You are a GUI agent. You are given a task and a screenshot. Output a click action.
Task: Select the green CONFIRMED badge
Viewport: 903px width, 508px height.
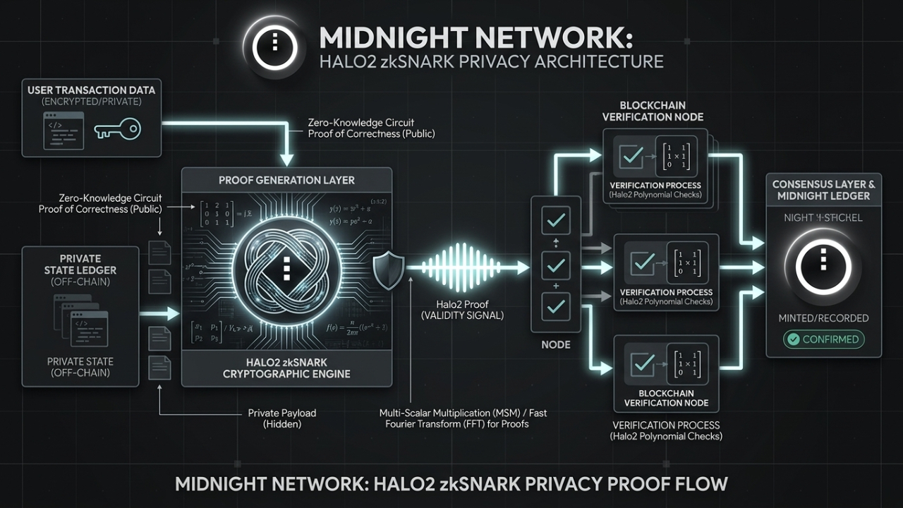[x=823, y=339]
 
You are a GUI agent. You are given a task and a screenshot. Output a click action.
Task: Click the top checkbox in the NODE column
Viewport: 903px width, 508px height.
[x=555, y=221]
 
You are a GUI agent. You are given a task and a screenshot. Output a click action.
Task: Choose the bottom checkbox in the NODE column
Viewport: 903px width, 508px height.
[x=555, y=307]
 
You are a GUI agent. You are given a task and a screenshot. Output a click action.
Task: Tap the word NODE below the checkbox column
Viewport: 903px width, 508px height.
[x=555, y=345]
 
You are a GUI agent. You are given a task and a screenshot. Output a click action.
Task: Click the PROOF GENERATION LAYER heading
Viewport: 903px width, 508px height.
[x=286, y=180]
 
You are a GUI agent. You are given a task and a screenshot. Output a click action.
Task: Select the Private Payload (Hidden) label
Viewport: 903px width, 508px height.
[x=281, y=418]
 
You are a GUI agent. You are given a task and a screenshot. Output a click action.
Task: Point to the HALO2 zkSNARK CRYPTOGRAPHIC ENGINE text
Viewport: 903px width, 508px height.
[x=286, y=368]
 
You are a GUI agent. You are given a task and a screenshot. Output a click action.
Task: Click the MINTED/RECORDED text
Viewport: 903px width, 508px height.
[x=823, y=318]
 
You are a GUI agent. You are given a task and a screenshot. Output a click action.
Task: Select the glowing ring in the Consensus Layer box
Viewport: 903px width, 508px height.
[x=823, y=265]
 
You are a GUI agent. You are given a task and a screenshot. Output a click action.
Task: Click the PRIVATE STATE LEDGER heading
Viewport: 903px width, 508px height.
[x=80, y=264]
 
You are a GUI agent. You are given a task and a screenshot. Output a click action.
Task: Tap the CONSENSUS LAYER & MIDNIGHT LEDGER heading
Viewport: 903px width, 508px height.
[x=823, y=190]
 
